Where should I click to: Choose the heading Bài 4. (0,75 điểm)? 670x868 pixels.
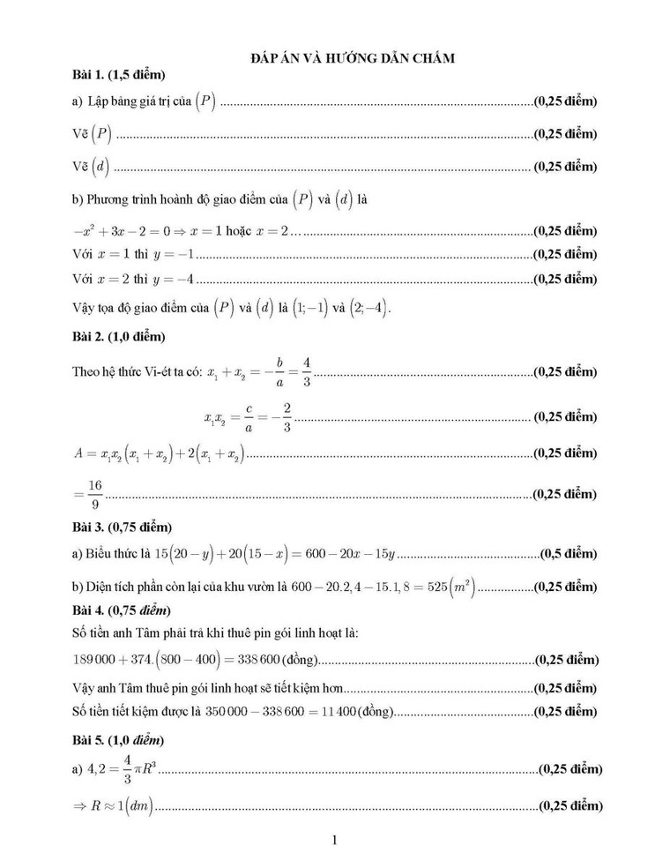click(123, 610)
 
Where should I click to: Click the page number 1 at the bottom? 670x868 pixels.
click(335, 840)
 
